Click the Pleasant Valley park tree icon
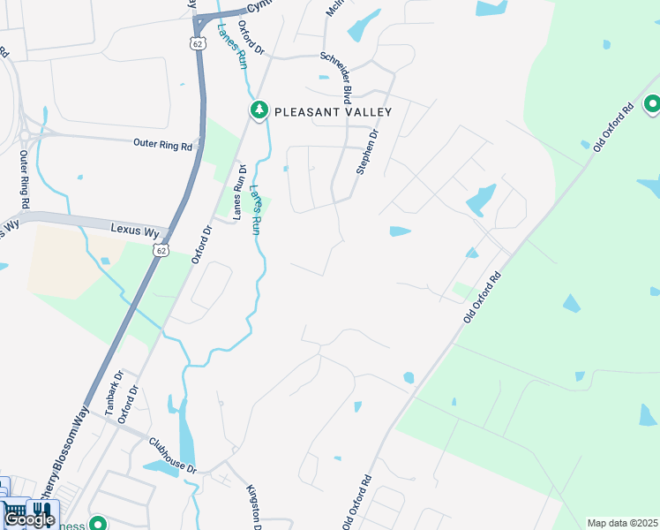[x=259, y=110]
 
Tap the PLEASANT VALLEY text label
[x=333, y=112]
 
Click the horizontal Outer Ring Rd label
[x=162, y=144]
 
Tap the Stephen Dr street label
[x=367, y=152]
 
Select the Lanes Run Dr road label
[x=238, y=192]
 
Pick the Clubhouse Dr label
[x=170, y=456]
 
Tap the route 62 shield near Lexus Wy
[x=160, y=251]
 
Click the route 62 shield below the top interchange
[x=194, y=42]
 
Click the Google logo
[x=28, y=519]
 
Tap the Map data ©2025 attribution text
[x=623, y=523]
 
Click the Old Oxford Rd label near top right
[x=613, y=129]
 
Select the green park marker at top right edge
[x=653, y=105]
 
